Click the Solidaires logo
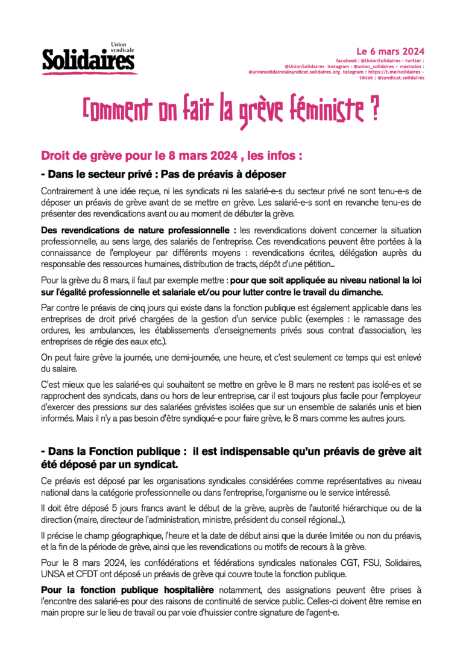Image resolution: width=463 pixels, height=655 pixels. pos(89,59)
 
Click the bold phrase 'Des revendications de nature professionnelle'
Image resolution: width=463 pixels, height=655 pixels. pos(138,230)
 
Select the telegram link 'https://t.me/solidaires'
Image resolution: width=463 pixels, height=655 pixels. pos(392,72)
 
